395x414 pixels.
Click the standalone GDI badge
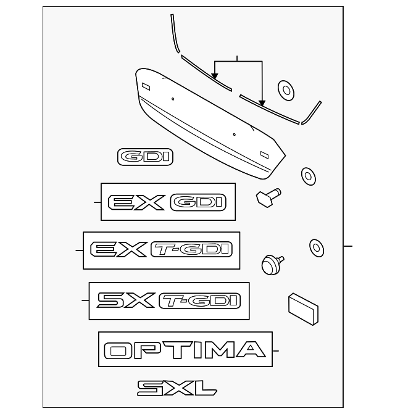coord(146,157)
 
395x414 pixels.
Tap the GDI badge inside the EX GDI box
coord(197,202)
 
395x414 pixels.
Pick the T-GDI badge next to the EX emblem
coord(191,249)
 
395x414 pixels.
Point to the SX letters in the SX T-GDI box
coord(125,300)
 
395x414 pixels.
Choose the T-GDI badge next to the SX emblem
coord(199,300)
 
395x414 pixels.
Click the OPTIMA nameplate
coord(185,350)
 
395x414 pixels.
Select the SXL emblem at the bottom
coord(177,387)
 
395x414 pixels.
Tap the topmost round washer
coord(286,89)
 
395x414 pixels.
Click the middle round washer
coord(307,175)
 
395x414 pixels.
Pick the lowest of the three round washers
coord(316,247)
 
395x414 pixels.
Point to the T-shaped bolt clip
coord(267,197)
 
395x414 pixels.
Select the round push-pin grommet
coord(271,265)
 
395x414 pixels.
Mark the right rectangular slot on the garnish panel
coord(264,154)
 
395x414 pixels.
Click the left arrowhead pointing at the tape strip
coord(215,77)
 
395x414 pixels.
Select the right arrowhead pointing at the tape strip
coord(262,103)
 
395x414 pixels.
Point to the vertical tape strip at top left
coord(173,32)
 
